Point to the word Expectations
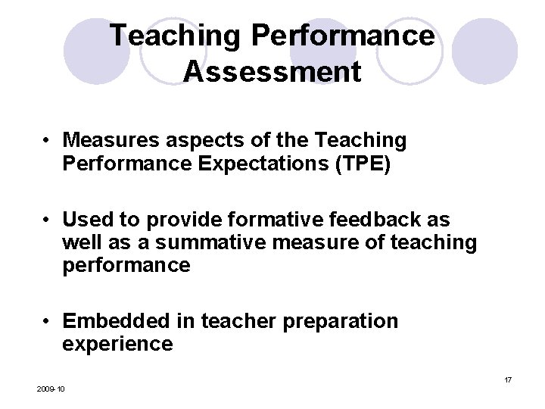[250, 164]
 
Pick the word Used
[86, 220]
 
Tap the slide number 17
[509, 379]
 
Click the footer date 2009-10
[51, 389]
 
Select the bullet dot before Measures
[47, 141]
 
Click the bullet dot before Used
[47, 220]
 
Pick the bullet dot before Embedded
[47, 322]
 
